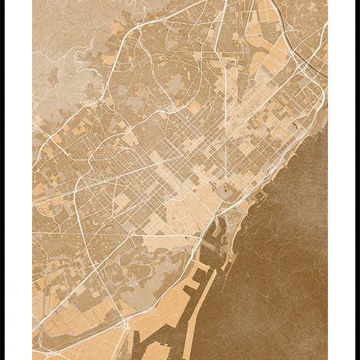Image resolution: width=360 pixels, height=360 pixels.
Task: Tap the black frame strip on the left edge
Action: (2, 180)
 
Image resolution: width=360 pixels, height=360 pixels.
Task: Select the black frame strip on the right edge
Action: (357, 180)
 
